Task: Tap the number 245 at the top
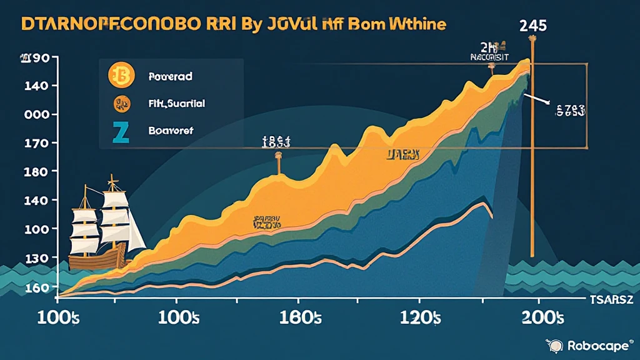point(532,26)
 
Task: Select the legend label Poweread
point(171,77)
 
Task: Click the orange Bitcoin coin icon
point(121,76)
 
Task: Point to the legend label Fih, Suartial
point(177,104)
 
